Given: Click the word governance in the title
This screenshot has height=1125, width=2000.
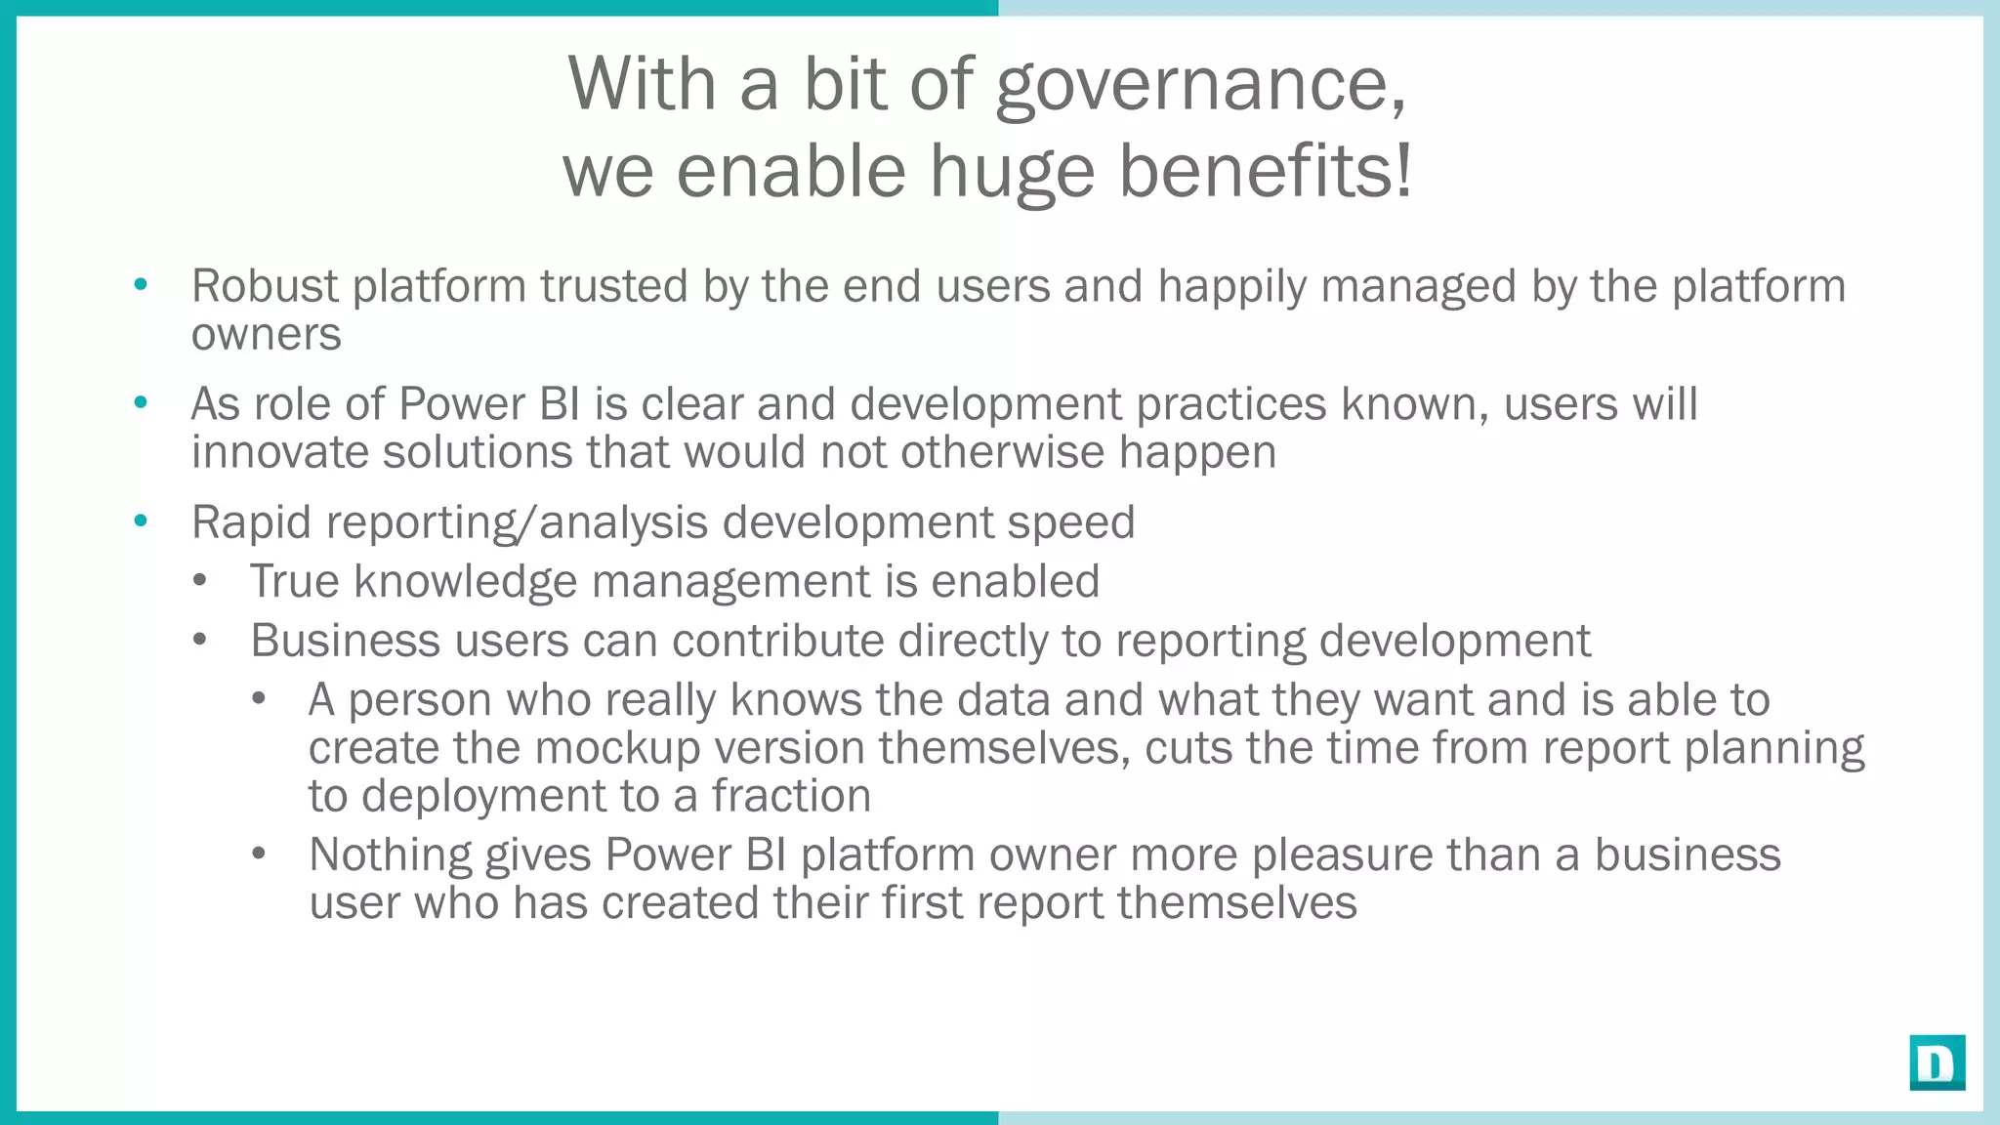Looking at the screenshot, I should click(x=1201, y=86).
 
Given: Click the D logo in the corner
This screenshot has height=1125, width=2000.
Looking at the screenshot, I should click(x=1937, y=1062).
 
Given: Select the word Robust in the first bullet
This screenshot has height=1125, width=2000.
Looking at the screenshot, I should click(x=265, y=286).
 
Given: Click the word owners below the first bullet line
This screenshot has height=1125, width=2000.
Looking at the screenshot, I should click(x=266, y=335).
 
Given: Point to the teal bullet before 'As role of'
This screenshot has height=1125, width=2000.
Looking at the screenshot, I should click(x=141, y=402).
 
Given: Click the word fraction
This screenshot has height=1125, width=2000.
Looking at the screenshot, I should click(x=790, y=796).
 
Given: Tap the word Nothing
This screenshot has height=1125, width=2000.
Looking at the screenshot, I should click(x=390, y=854).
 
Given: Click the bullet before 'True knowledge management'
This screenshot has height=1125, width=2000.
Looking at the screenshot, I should click(x=200, y=581).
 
